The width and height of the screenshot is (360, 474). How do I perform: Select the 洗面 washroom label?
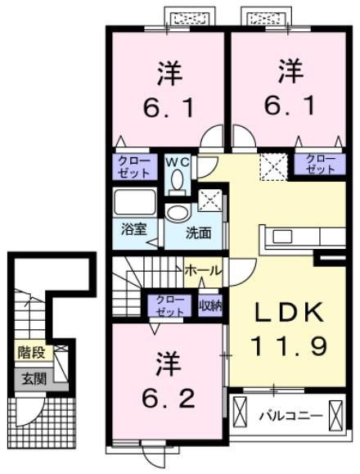[197, 232]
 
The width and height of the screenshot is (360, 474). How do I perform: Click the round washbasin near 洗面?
[176, 214]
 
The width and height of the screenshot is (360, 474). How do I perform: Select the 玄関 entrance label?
[32, 378]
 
